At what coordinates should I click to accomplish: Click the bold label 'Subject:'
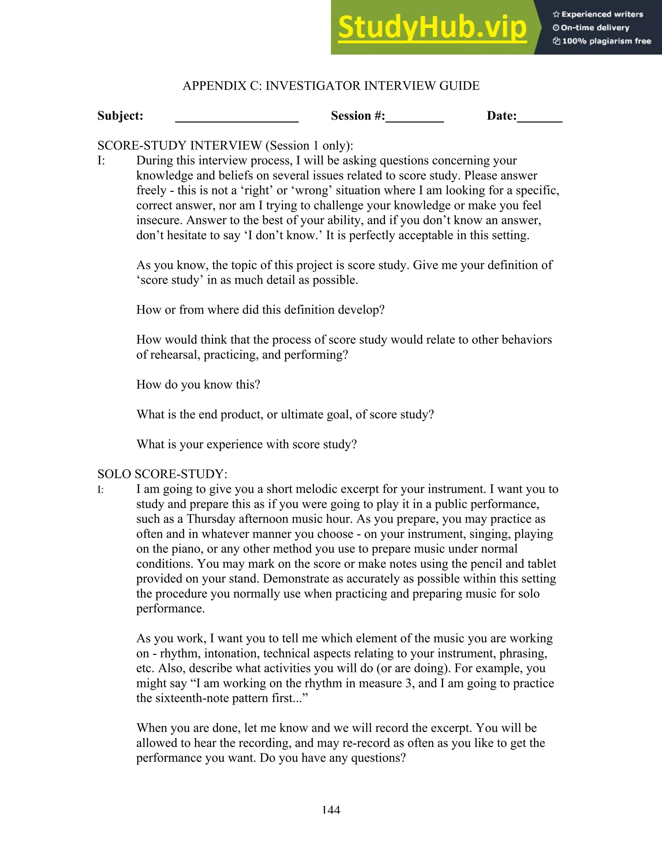(120, 116)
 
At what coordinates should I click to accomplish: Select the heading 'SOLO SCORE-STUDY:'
(162, 474)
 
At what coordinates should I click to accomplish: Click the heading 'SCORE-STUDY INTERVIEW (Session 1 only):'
(225, 146)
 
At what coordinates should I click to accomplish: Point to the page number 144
(331, 810)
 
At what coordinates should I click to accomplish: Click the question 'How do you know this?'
(198, 385)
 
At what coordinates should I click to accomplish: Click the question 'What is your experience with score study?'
(246, 444)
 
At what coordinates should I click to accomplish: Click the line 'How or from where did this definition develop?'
(260, 309)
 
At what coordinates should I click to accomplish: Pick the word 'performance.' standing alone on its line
(170, 609)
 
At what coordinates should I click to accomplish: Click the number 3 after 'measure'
(408, 683)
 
